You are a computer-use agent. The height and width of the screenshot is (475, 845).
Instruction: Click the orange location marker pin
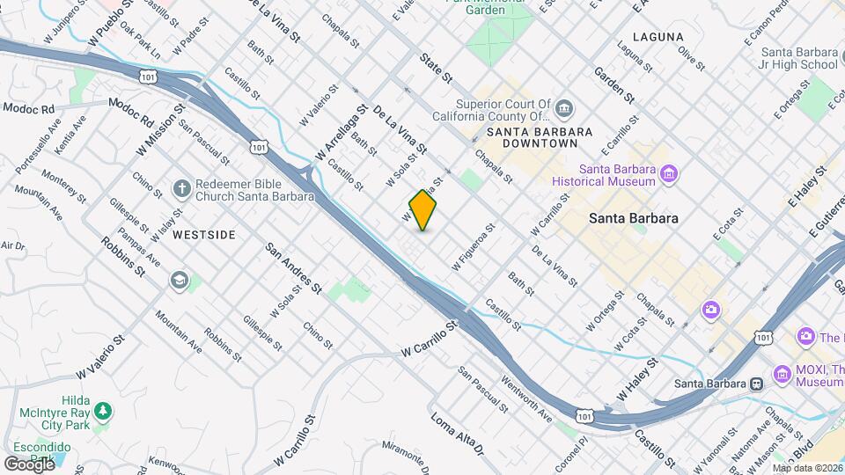tap(423, 210)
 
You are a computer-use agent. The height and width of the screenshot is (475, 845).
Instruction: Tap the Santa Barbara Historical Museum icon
tap(670, 174)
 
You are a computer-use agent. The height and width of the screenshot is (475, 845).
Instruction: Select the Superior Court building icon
tap(564, 109)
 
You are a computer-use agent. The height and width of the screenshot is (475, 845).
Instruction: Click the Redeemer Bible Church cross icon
tap(180, 189)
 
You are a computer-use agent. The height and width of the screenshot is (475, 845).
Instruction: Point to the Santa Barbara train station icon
tap(755, 383)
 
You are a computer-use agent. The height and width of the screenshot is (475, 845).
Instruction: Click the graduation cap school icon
tap(180, 280)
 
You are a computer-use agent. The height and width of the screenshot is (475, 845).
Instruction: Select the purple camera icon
tap(710, 311)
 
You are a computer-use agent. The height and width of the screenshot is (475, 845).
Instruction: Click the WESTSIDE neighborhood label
tap(204, 235)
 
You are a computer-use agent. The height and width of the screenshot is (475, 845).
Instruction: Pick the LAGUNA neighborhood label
tap(663, 37)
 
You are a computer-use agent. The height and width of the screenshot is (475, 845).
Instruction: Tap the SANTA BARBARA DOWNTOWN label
tap(533, 136)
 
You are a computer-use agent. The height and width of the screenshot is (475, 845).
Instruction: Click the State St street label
tap(435, 68)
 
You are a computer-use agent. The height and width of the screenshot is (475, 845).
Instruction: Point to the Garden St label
tap(614, 83)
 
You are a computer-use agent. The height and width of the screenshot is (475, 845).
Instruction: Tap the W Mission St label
tap(159, 131)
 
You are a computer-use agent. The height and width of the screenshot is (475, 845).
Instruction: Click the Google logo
tap(29, 464)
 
